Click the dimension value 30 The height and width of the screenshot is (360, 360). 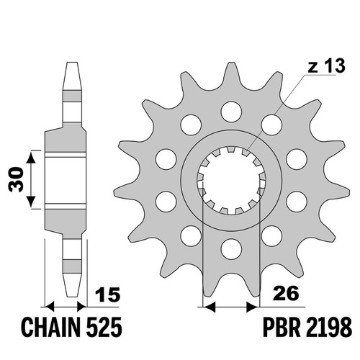16,179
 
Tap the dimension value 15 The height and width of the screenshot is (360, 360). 108,294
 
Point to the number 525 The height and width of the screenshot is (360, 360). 104,327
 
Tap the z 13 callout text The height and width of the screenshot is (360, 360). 327,66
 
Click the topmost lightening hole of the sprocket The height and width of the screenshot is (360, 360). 231,112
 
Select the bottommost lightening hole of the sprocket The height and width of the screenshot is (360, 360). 231,249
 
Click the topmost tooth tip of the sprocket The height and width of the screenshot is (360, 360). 231,63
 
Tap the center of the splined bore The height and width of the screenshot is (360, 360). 231,181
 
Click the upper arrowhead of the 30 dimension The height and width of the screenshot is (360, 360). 31,157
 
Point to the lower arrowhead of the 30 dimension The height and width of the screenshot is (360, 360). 31,202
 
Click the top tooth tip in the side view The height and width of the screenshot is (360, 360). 72,63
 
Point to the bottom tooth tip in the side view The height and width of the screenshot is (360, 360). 72,296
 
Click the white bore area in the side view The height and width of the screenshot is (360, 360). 66,181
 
